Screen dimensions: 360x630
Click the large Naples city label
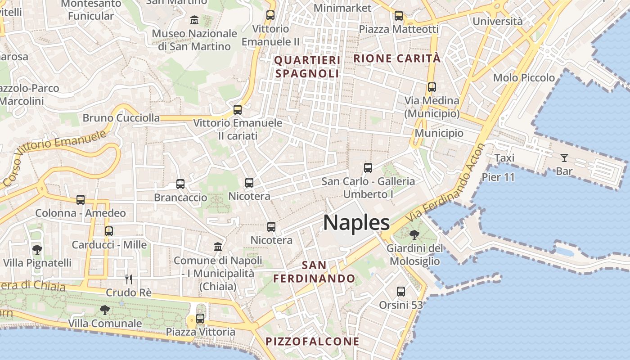(356, 223)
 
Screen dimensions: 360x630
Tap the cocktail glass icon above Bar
(564, 158)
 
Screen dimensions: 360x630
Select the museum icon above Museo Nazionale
(194, 20)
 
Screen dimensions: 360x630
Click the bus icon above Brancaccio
(180, 184)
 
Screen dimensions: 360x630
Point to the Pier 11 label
(498, 177)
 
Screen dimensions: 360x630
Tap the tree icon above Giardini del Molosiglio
(414, 234)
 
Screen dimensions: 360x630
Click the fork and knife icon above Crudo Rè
(129, 279)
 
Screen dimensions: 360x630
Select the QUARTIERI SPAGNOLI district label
(307, 67)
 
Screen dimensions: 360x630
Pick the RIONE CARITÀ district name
(397, 58)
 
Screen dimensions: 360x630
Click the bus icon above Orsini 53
(401, 292)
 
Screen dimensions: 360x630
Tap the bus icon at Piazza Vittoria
(200, 319)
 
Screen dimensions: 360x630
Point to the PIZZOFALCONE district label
(312, 342)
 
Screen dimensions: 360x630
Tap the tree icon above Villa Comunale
(105, 310)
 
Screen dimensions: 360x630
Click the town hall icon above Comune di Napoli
(218, 247)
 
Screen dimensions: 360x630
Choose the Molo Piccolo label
(524, 77)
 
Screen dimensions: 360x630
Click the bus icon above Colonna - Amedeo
(81, 199)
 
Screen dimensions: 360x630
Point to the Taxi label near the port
(504, 158)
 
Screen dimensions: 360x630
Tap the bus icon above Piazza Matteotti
(399, 16)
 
